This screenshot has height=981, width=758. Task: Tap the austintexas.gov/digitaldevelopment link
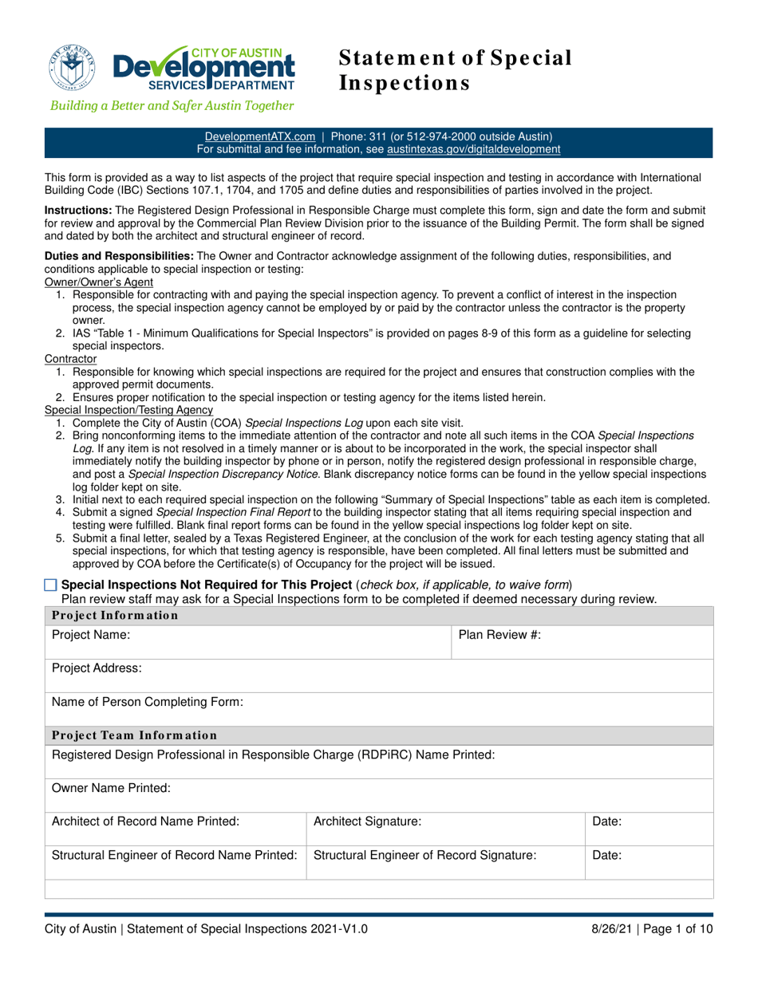point(473,149)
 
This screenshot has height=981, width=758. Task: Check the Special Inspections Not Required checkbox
point(51,585)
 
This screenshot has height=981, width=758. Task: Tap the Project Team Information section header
point(134,735)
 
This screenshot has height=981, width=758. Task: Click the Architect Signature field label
point(368,821)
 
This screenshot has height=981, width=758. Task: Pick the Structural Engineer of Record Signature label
point(424,856)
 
